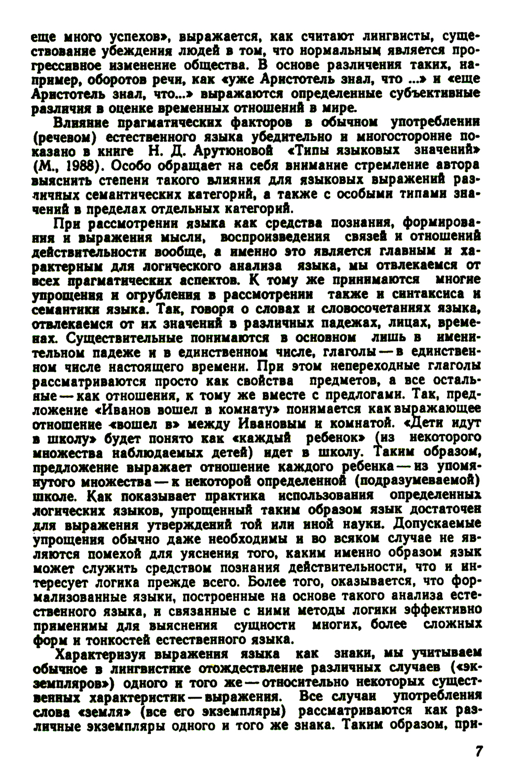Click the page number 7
tap(478, 750)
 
